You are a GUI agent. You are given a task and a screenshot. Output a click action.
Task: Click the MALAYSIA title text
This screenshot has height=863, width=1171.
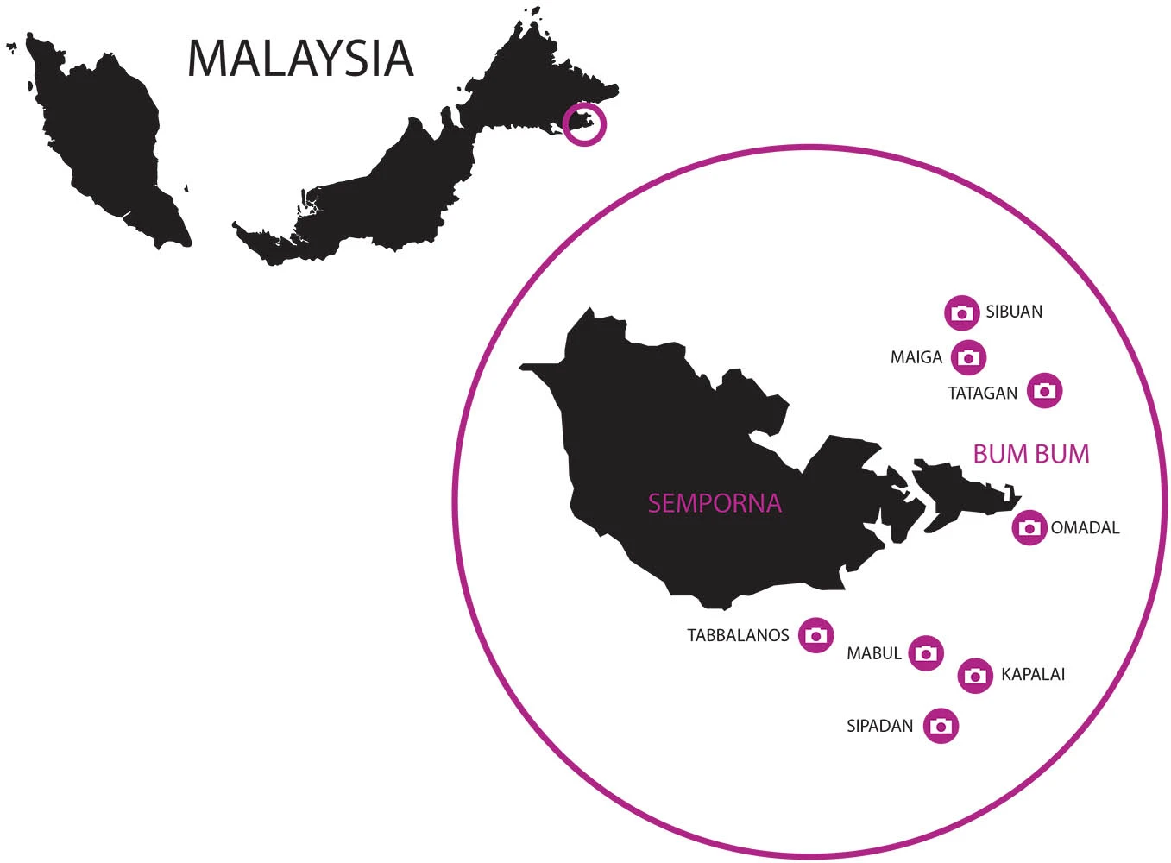pos(300,58)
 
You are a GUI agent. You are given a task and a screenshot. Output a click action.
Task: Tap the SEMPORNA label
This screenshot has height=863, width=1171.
pos(715,503)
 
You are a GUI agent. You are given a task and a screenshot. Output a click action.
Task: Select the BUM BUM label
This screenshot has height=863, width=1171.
pos(1031,454)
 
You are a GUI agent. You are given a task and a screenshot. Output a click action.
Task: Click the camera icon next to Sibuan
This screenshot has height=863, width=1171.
pos(961,312)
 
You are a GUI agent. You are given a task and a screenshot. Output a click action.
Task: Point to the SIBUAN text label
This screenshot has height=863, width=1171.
pos(1014,312)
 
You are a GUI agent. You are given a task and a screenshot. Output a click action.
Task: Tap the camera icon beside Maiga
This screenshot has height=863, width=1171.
pos(968,357)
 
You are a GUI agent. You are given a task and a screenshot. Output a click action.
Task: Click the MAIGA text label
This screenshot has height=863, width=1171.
pos(916,357)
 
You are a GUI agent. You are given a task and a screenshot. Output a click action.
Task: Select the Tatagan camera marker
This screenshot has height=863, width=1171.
pos(1044,391)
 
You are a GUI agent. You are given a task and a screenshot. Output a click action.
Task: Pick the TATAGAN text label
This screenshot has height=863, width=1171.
pos(982,394)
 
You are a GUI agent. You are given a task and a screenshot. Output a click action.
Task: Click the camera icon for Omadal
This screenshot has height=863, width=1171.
pos(1029,527)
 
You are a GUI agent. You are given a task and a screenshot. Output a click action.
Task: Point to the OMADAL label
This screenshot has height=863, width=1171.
pos(1085,527)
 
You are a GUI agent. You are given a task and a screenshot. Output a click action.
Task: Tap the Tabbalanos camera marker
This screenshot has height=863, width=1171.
pos(815,635)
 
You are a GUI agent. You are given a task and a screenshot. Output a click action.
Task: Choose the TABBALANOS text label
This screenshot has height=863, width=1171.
pos(738,636)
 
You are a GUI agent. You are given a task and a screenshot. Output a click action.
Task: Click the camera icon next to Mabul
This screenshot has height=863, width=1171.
pos(926,653)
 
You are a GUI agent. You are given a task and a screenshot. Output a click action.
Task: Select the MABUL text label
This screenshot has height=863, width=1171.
pos(873,654)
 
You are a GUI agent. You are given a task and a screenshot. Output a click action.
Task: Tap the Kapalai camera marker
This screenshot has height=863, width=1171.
pos(975,675)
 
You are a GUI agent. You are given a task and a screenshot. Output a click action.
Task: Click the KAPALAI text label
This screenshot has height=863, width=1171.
pos(1033,674)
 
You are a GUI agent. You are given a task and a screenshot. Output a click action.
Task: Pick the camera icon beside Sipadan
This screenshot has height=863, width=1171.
pos(941,726)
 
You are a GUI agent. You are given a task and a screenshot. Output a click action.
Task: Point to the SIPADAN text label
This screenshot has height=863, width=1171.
pos(879,726)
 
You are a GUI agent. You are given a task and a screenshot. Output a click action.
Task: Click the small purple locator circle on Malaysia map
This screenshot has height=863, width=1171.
pos(584,123)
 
